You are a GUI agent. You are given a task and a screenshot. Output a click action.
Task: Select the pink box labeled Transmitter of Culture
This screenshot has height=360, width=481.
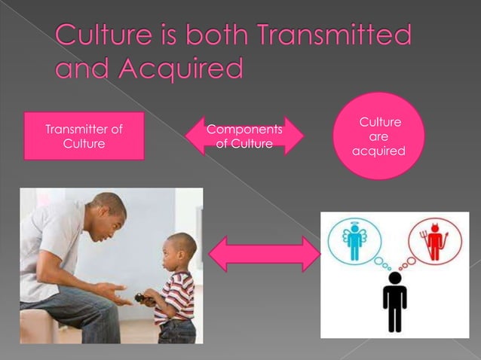tap(84, 136)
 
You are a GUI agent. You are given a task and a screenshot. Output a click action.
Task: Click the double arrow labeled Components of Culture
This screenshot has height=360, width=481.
tap(244, 136)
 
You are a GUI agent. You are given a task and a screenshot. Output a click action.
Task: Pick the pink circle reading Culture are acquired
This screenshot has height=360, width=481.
tap(379, 136)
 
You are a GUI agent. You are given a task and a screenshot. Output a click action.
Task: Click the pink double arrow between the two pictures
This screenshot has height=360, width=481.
tap(264, 254)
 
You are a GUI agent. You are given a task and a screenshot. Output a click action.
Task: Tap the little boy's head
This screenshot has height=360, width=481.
tap(181, 249)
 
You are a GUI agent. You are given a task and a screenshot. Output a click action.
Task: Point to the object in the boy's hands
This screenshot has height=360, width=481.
tap(144, 298)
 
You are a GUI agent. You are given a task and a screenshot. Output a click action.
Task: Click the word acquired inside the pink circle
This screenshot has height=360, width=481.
tap(379, 151)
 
